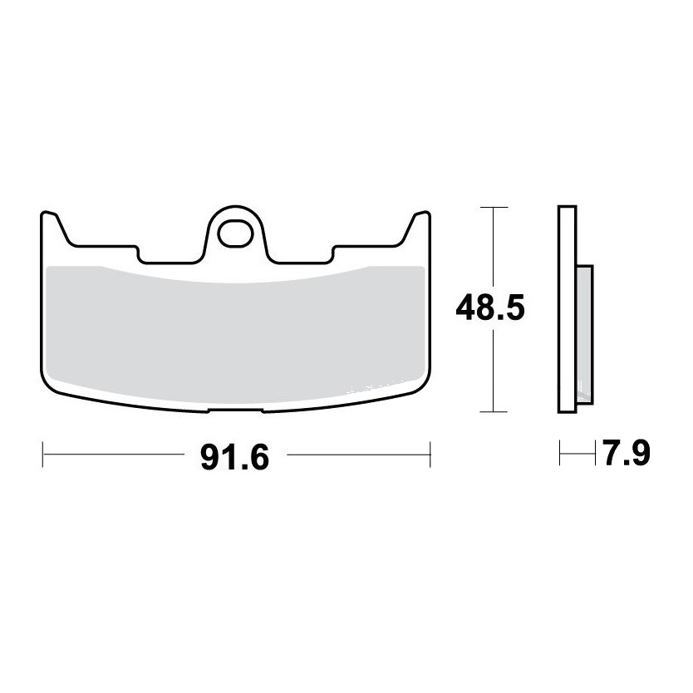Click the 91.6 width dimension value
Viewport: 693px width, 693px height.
234,458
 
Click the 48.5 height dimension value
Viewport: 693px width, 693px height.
490,307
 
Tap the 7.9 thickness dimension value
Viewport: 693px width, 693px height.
627,453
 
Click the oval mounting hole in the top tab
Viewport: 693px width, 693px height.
235,233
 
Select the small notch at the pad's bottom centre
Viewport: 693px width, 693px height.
235,410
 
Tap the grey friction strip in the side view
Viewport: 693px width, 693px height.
585,335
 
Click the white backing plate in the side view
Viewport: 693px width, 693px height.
568,309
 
